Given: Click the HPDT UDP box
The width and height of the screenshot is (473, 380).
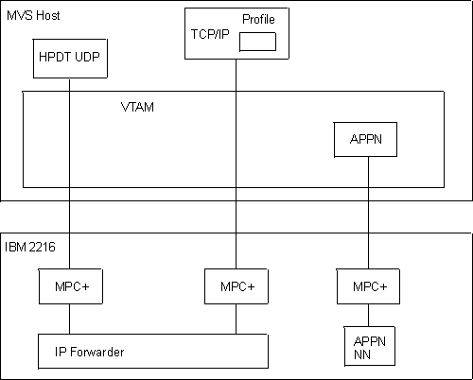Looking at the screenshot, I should (69, 58).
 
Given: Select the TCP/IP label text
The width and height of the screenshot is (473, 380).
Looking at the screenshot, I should (211, 34).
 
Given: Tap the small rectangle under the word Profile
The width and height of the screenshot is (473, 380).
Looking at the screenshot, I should (257, 42).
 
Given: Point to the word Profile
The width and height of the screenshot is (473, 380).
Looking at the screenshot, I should (257, 20).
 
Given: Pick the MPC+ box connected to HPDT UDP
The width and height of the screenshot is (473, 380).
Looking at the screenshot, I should (69, 286).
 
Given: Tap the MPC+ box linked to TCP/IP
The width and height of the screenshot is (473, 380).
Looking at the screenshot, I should (236, 286).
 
